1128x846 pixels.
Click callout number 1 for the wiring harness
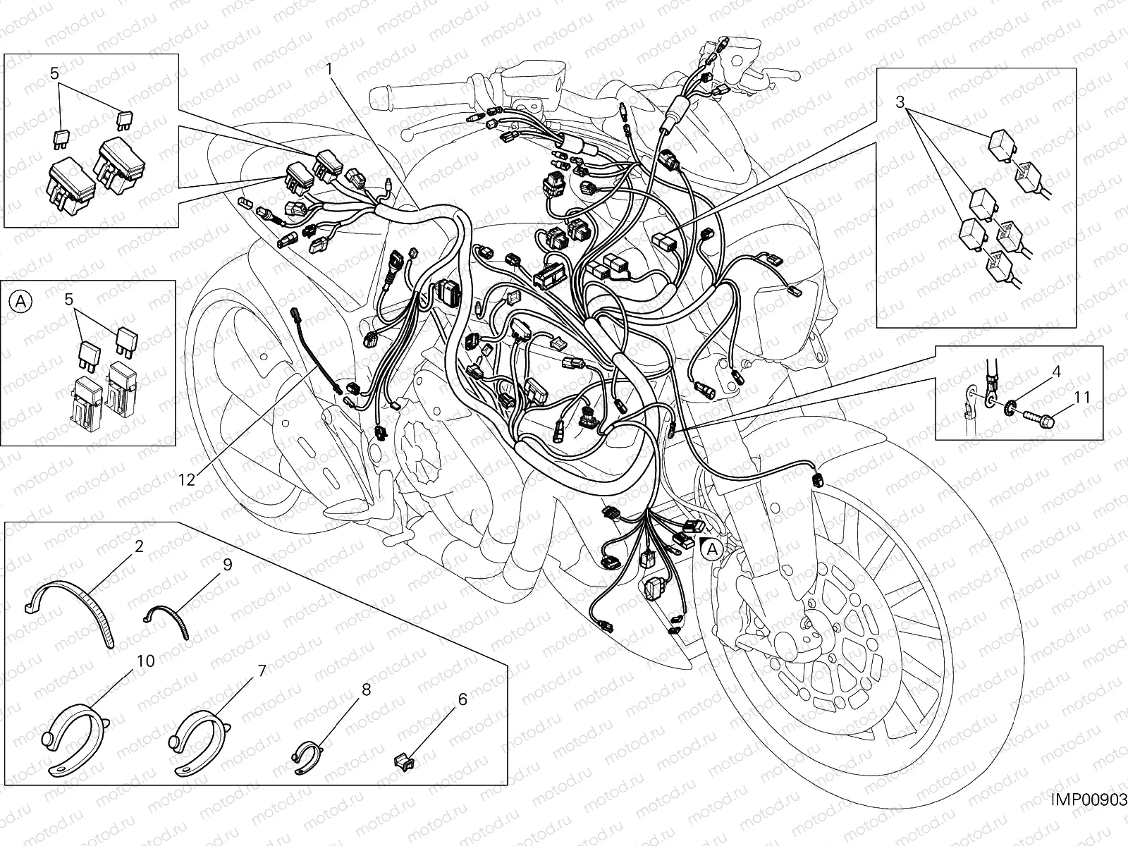(x=329, y=68)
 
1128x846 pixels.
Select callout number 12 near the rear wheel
(x=186, y=479)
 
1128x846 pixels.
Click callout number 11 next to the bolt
(x=1084, y=398)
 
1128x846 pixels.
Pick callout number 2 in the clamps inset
(x=139, y=546)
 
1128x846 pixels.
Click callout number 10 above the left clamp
(x=146, y=661)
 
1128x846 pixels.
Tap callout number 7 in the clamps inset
(x=262, y=670)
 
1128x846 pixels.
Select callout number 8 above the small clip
(x=366, y=689)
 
